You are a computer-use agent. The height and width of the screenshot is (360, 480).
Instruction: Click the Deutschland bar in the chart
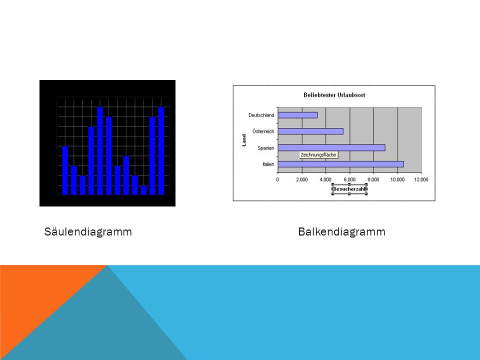click(x=297, y=115)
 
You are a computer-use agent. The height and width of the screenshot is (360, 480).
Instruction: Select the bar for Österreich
click(x=310, y=131)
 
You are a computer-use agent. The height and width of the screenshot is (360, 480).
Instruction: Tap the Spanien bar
click(x=331, y=148)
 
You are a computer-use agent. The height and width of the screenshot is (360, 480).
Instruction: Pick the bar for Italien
click(x=340, y=164)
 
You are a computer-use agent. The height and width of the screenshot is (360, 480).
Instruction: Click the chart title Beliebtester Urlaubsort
click(x=334, y=95)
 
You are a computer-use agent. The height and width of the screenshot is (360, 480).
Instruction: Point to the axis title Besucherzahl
click(x=349, y=189)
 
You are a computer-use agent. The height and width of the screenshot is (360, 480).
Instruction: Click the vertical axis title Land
click(x=244, y=140)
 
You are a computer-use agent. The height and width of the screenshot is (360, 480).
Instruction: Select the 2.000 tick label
click(x=301, y=179)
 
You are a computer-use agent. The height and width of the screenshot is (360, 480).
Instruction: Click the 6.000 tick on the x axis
click(x=349, y=179)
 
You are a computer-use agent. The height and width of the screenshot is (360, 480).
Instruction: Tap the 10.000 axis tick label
click(x=397, y=179)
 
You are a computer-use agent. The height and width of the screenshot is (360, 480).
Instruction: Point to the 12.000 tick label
click(x=421, y=179)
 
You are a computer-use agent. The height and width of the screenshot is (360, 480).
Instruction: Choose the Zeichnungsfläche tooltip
click(x=318, y=155)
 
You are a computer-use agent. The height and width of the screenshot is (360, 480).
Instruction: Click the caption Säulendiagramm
click(x=88, y=231)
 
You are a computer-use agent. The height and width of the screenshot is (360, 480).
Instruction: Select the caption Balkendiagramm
click(x=341, y=231)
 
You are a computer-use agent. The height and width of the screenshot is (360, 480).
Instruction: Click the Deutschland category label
click(x=261, y=115)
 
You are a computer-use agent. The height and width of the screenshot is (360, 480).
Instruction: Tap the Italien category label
click(x=268, y=164)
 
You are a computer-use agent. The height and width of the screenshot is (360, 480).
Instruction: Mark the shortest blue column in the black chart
click(x=144, y=190)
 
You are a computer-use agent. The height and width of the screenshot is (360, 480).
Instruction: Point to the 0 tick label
click(x=277, y=179)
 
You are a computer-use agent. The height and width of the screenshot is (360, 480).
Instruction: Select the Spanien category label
click(x=265, y=148)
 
